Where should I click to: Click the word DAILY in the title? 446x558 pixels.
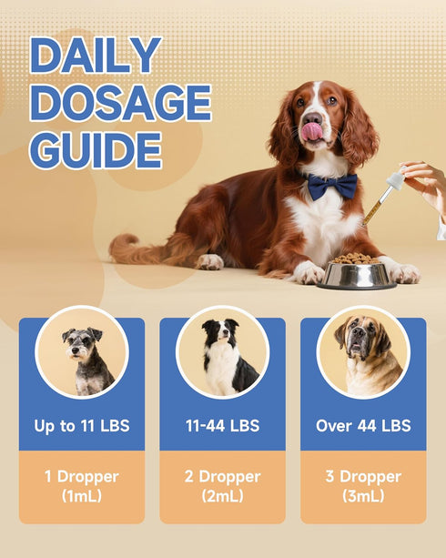tap(96, 56)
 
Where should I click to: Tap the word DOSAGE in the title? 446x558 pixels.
tap(121, 103)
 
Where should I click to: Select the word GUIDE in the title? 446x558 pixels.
tap(96, 150)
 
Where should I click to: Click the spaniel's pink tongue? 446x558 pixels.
tap(312, 131)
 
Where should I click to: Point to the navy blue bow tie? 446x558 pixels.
tap(332, 186)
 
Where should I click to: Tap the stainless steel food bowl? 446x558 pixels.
tap(357, 275)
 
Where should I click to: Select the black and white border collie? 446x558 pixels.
tap(228, 357)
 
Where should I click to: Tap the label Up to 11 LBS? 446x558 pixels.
tap(82, 426)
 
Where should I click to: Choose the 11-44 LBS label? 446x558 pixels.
tap(223, 426)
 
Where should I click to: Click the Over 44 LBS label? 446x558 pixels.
tap(363, 426)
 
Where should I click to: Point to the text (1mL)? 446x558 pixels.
tap(82, 496)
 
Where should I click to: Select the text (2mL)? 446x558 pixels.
tap(223, 496)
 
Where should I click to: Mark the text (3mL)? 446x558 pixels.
tap(363, 496)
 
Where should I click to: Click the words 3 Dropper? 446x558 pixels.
tap(363, 477)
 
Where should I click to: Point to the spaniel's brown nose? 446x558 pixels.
tap(312, 117)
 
